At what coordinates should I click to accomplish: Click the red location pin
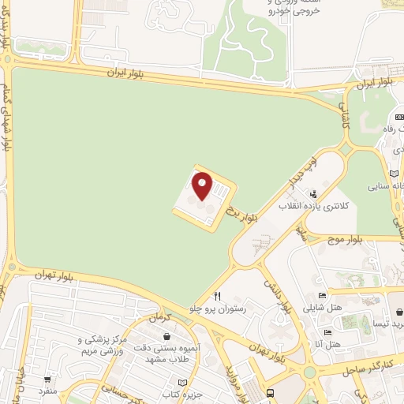(x=203, y=187)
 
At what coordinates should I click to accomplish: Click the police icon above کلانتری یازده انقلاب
(x=313, y=193)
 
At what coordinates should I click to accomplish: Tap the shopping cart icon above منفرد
(x=48, y=380)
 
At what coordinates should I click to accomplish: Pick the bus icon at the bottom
(x=271, y=392)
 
